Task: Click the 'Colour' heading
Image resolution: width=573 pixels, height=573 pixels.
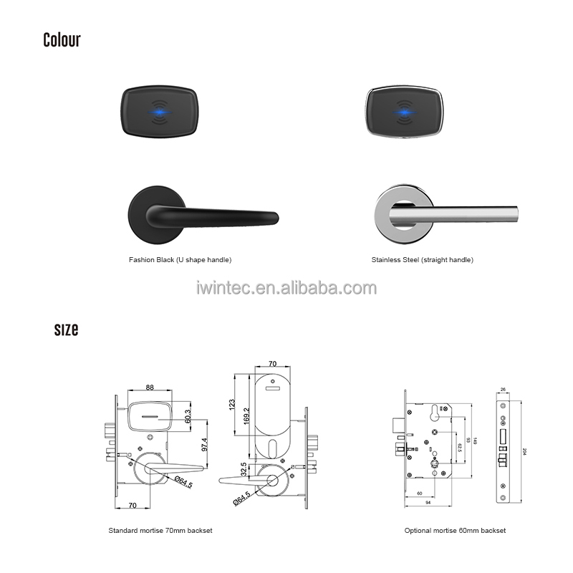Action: click(62, 40)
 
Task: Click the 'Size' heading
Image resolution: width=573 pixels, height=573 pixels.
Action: click(66, 329)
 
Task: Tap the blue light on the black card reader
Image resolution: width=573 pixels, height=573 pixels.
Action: click(158, 113)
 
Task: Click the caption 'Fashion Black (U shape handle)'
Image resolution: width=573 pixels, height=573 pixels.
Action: click(180, 260)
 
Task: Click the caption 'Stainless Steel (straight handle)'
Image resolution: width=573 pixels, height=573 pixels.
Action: click(422, 260)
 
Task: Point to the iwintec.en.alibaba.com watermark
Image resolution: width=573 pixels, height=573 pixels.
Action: click(286, 288)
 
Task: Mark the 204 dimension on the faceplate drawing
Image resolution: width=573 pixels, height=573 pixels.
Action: click(525, 451)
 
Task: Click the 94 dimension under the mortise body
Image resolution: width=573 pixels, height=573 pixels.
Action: click(427, 504)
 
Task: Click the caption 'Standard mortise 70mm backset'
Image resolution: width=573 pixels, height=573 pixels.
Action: click(160, 531)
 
